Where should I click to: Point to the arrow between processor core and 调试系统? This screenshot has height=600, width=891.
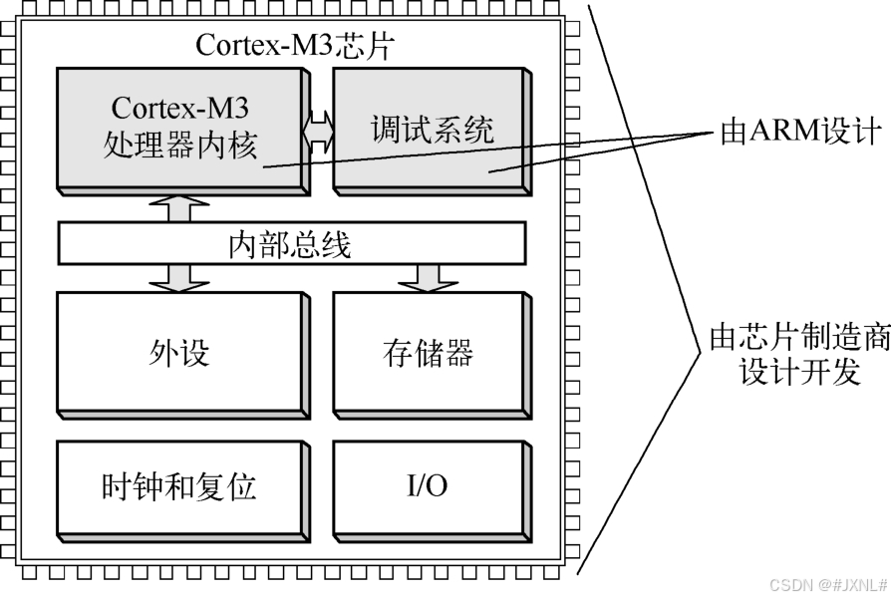[x=319, y=131]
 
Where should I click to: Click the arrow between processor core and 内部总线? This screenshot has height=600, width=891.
[x=179, y=208]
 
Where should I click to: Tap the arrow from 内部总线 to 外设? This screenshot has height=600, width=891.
[x=179, y=277]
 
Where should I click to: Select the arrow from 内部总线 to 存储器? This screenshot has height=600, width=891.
[x=429, y=277]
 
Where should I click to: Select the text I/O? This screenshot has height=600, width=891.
[x=428, y=486]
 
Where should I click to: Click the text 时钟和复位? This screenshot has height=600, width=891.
[x=179, y=486]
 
